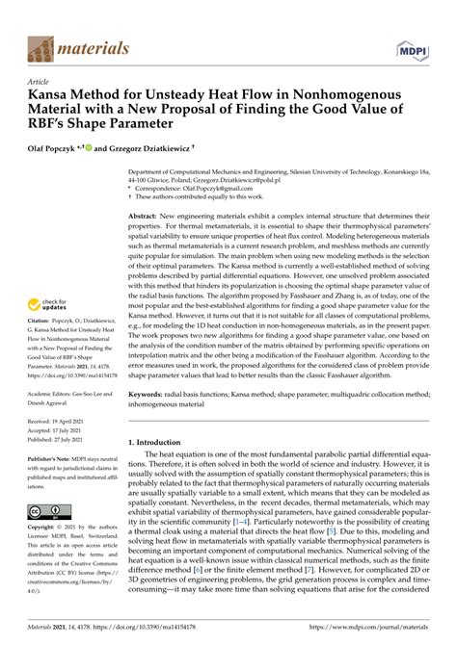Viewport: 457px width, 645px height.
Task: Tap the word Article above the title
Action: point(40,84)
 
